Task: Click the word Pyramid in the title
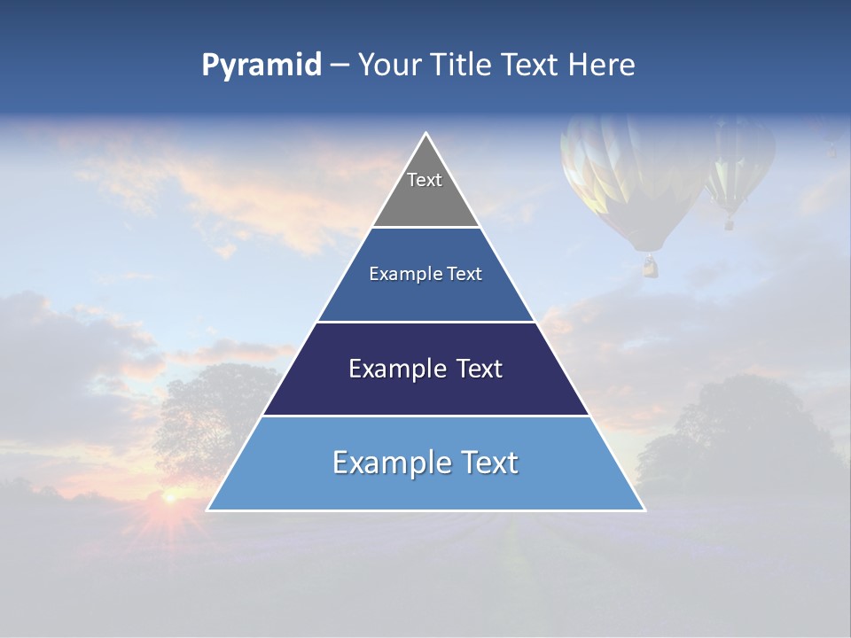[262, 66]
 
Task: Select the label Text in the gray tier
[425, 180]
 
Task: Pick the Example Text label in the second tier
[425, 274]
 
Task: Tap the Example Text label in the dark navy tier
[425, 369]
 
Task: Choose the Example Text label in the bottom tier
[425, 463]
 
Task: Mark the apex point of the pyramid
[426, 134]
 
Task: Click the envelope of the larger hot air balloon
[631, 177]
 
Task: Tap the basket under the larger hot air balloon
[651, 266]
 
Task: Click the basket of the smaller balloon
[730, 224]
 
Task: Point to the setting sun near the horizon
[168, 500]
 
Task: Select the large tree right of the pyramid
[736, 434]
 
